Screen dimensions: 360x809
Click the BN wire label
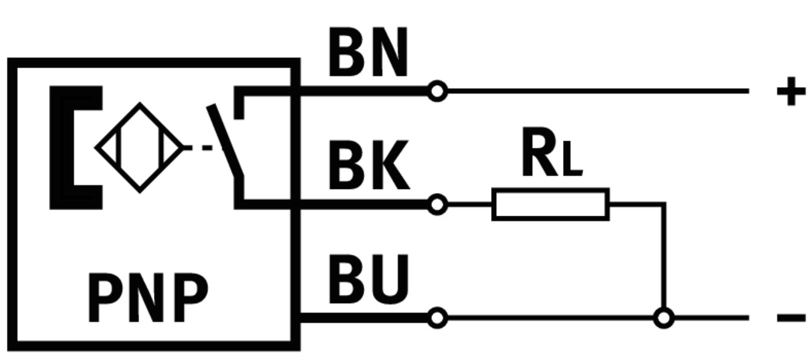pos(368,54)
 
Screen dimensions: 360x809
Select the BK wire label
pos(368,167)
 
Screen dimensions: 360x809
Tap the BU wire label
pos(368,279)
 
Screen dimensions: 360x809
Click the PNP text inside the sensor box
pos(148,299)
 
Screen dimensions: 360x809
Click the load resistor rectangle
pos(550,205)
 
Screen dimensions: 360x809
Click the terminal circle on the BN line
pos(437,92)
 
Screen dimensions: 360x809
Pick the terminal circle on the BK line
pos(437,205)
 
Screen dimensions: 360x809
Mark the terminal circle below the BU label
pos(437,317)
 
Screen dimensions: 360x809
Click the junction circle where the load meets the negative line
pos(663,317)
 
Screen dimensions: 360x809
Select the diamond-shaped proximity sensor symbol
pos(139,147)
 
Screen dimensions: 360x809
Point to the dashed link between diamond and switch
pos(199,147)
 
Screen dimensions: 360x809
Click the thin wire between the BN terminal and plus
pos(598,91)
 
